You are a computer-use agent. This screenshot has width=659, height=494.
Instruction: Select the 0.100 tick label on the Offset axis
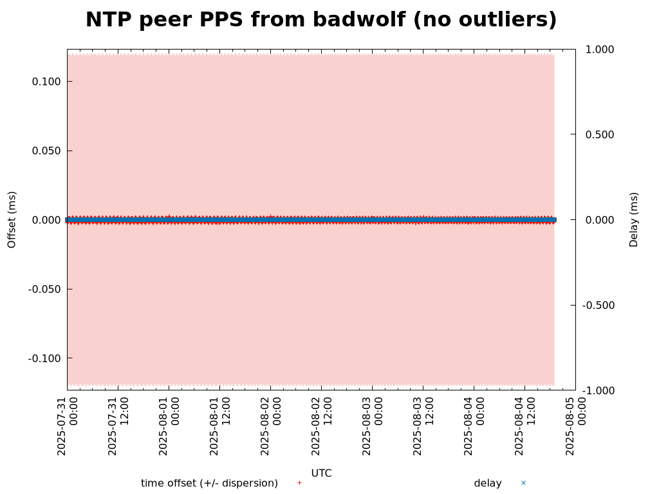click(x=46, y=82)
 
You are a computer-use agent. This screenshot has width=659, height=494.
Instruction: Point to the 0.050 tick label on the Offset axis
click(x=46, y=151)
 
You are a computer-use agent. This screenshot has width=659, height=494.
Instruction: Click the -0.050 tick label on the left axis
click(x=44, y=289)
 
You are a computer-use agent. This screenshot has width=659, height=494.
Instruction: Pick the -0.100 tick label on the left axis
click(x=44, y=358)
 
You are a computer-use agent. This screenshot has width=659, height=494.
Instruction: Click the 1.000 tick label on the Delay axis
click(x=599, y=50)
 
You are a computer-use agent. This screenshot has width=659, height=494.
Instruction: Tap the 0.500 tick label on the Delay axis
click(x=599, y=135)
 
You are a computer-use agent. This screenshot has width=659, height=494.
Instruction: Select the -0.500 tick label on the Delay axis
click(x=597, y=305)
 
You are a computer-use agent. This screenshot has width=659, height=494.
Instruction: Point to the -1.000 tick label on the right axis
click(x=597, y=390)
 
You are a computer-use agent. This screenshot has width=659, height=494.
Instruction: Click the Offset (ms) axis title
click(x=12, y=219)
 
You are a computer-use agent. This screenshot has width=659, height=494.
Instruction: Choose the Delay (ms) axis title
click(x=634, y=219)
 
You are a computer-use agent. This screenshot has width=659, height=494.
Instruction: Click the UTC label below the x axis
click(x=321, y=473)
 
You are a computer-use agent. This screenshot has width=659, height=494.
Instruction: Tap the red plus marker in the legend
click(x=299, y=483)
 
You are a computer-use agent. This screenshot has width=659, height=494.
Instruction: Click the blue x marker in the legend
click(x=523, y=483)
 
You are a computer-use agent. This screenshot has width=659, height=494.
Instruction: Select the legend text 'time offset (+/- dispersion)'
click(x=209, y=483)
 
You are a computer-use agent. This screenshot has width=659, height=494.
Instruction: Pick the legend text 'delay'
click(x=487, y=483)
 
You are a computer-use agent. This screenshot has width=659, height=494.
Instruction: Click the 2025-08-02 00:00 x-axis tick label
click(x=271, y=426)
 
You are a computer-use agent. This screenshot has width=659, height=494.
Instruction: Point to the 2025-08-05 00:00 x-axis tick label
click(x=576, y=426)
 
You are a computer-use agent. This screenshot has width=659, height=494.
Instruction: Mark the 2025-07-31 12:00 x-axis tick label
click(x=118, y=426)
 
